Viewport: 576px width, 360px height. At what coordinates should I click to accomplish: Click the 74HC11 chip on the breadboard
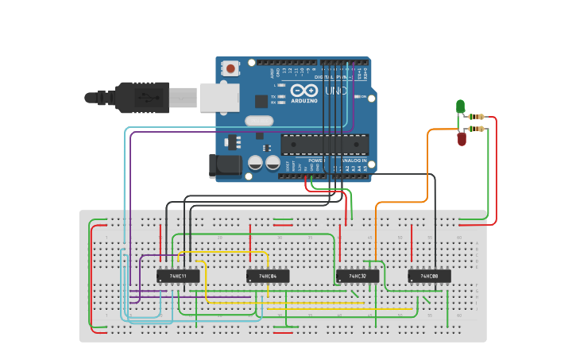[178, 276]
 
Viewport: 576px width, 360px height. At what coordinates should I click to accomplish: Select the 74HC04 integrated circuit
[268, 276]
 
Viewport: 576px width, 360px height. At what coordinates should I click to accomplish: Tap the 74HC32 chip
[358, 276]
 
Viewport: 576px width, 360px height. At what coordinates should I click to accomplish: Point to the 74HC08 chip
[429, 276]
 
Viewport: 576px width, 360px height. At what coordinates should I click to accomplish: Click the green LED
[460, 106]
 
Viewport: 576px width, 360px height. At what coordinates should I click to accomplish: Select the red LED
[462, 139]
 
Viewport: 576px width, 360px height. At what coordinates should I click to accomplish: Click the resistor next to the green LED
[477, 117]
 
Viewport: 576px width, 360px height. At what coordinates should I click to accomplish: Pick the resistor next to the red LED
[477, 128]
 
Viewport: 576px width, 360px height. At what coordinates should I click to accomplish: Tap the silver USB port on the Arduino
[219, 97]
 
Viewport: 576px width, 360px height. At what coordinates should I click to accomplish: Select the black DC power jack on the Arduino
[225, 165]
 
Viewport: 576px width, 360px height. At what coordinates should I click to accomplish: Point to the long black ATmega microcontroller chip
[324, 144]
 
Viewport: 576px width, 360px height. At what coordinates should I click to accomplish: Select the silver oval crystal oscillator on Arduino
[258, 121]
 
